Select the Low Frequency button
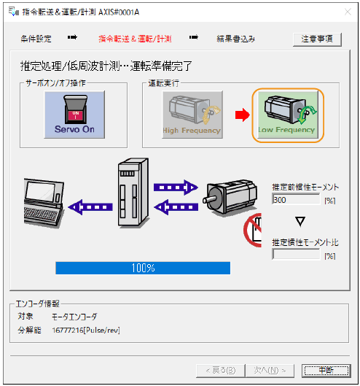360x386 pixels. coord(286,115)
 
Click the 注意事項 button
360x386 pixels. coord(316,39)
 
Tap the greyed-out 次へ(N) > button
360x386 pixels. coord(269,370)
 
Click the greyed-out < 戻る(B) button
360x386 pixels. coord(216,370)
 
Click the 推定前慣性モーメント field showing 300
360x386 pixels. coord(294,198)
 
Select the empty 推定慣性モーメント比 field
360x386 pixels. coord(294,255)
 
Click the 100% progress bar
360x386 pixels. coord(143,268)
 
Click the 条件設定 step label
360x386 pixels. coord(36,39)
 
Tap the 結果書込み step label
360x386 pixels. coord(235,39)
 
